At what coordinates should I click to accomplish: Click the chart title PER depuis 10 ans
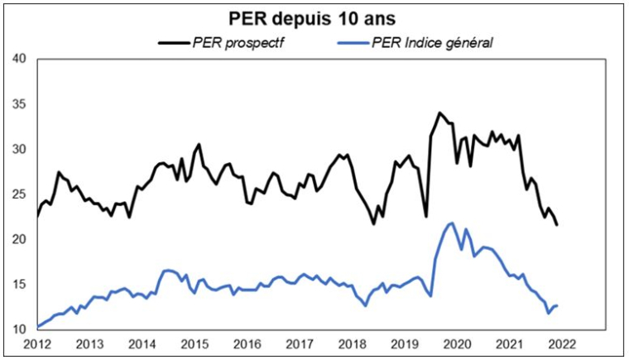[314, 17]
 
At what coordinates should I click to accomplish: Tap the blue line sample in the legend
[353, 41]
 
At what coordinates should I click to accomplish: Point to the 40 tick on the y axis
[20, 60]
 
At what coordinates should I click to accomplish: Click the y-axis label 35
[20, 104]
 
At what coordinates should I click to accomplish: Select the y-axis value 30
[20, 150]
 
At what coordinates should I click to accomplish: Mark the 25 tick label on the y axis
[20, 194]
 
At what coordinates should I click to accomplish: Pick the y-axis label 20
[20, 240]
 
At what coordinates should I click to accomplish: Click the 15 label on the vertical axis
[20, 285]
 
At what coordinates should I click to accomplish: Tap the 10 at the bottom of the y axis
[20, 329]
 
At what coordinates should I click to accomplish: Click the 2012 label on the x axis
[38, 343]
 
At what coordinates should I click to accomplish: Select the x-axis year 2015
[194, 343]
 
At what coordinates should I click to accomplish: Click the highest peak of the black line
[439, 113]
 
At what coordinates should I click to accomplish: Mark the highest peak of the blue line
[451, 223]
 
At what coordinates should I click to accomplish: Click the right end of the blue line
[557, 305]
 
